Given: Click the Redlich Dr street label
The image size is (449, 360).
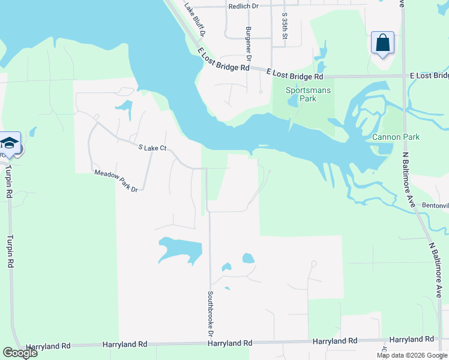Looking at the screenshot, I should click(243, 6).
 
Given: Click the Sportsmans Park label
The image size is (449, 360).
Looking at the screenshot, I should click(308, 94).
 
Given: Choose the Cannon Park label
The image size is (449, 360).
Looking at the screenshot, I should click(396, 137).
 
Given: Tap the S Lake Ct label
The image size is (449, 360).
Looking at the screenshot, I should click(152, 148).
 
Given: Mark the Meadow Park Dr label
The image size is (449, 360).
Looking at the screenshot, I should click(116, 181).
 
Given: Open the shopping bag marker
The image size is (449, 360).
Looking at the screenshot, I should click(382, 43).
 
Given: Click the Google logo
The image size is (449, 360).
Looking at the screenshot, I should click(20, 353).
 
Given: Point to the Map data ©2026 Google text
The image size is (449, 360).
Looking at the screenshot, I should click(412, 355).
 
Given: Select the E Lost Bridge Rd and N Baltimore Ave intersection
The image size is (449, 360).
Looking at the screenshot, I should click(403, 76).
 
